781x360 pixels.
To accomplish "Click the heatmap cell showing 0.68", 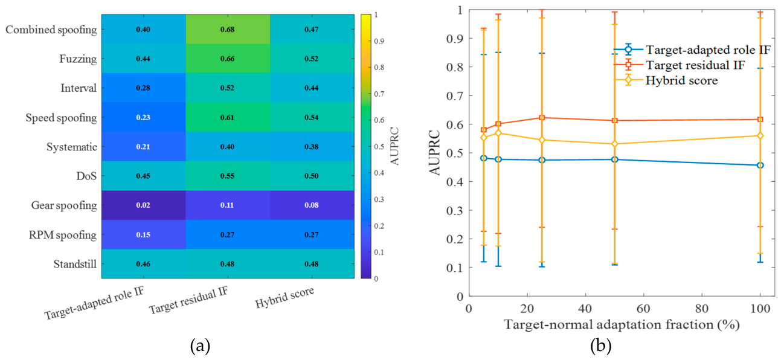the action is coord(228,29).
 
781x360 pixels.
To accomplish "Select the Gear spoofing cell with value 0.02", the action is coord(143,205).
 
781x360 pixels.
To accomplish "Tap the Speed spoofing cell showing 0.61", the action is coord(228,117).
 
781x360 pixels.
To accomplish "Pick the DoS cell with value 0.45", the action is coord(143,176).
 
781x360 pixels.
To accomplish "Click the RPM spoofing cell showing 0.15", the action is coord(143,234).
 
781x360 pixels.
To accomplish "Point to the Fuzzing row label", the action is coord(78,59).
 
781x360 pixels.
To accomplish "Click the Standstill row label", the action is coord(75,264).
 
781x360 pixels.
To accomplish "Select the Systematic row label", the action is coord(72,147).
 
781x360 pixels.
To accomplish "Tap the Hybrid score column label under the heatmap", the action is coord(284,297).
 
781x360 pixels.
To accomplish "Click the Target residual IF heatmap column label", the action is coord(188,300).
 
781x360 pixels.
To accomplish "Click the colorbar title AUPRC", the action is coord(394,146).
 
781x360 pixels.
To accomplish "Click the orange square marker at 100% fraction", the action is coord(760,119).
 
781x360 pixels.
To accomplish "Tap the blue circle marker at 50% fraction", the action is coord(615,159).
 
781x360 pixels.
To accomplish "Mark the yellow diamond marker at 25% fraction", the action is coord(542,140).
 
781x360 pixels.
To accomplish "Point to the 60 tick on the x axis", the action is coord(643,309).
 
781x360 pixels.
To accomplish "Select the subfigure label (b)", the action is coord(601,346).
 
